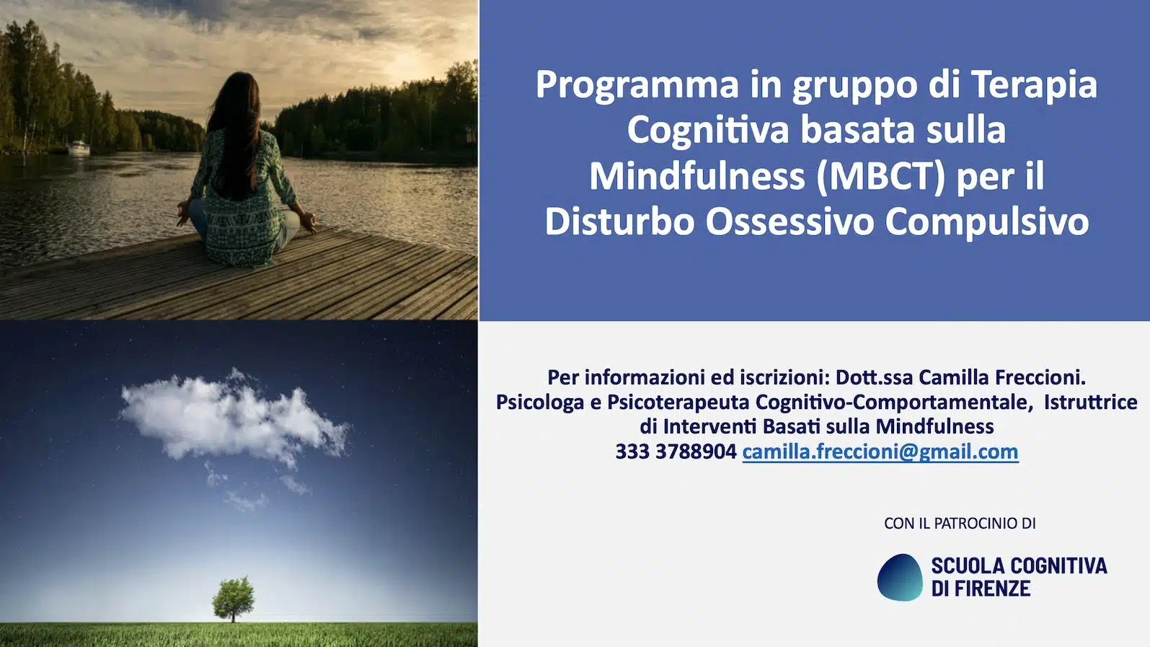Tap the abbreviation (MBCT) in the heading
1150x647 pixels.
click(x=881, y=176)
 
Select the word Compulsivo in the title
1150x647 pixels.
click(x=987, y=221)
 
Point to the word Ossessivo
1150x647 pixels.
click(x=789, y=221)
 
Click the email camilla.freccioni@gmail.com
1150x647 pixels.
click(x=880, y=452)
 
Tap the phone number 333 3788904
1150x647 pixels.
click(x=676, y=452)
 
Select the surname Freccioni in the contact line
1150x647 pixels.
click(x=1040, y=377)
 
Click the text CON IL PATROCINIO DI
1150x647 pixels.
click(x=960, y=523)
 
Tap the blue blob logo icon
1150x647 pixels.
click(x=900, y=577)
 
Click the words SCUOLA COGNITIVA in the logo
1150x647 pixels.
click(x=1019, y=566)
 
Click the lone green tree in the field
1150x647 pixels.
click(x=234, y=598)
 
